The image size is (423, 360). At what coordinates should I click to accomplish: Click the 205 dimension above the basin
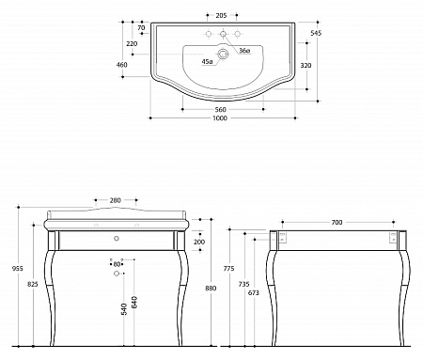pos(222,16)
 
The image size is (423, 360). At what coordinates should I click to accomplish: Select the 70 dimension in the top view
pos(140,28)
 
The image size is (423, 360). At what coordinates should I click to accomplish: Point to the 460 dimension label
pos(121,65)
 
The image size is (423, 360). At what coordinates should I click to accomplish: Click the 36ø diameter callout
pos(244,50)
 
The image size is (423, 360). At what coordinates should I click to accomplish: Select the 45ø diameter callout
pos(208,62)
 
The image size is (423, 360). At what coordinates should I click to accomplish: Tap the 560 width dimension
pos(222,109)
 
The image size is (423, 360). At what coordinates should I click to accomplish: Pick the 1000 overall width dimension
pos(222,119)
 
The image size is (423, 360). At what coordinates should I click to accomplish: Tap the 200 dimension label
pos(199,242)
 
